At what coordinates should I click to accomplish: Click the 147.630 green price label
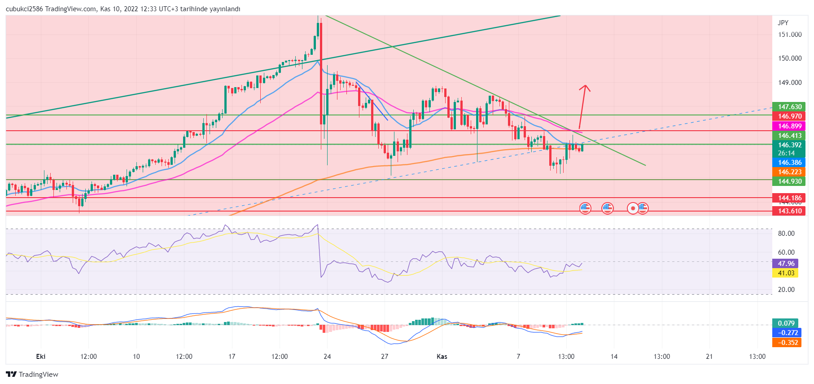click(789, 107)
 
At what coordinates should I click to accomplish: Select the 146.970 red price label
click(789, 116)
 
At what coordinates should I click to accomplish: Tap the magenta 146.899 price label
click(789, 126)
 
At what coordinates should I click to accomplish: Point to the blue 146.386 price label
click(789, 163)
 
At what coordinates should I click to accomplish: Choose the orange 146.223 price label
click(789, 172)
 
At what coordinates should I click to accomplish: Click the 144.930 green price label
click(789, 181)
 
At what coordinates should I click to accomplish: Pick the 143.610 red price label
click(789, 211)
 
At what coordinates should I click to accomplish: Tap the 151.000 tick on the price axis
click(790, 35)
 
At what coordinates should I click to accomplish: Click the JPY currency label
click(783, 23)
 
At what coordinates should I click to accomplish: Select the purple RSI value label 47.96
click(786, 264)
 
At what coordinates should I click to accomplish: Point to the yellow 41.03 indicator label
click(786, 273)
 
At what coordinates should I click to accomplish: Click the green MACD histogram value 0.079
click(786, 323)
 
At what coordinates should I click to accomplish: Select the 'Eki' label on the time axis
click(40, 357)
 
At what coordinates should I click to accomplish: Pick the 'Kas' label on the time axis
click(442, 357)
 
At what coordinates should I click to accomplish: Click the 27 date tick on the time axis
click(385, 357)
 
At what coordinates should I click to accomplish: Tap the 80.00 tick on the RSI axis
click(786, 234)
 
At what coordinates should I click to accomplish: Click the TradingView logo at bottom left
click(32, 375)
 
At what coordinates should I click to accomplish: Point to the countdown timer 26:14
click(786, 153)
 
